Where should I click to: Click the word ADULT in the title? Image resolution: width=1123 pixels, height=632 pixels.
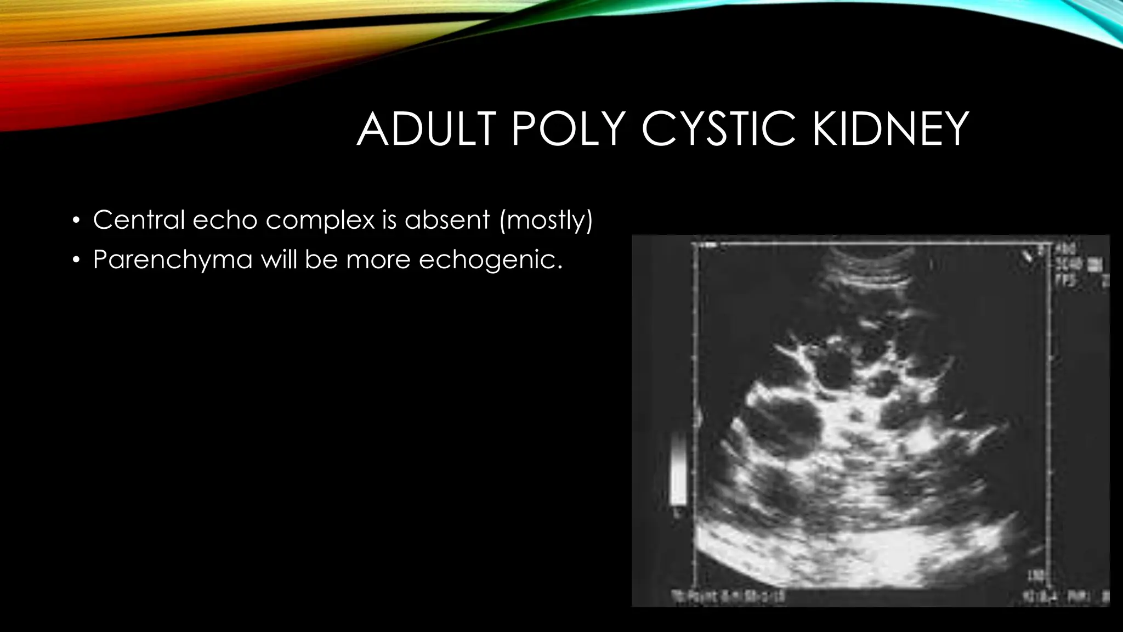point(426,129)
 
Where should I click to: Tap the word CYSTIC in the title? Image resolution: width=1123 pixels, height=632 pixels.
point(718,129)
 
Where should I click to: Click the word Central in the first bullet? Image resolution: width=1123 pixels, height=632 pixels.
point(139,220)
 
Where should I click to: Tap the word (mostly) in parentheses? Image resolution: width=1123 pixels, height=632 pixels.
point(546,221)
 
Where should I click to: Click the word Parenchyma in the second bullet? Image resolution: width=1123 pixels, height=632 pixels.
point(173,259)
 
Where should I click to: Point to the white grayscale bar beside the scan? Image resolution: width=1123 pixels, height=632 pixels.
point(679,470)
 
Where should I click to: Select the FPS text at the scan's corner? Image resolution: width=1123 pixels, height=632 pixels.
point(1067,281)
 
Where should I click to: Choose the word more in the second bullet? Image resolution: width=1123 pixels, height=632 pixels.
point(378,259)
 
